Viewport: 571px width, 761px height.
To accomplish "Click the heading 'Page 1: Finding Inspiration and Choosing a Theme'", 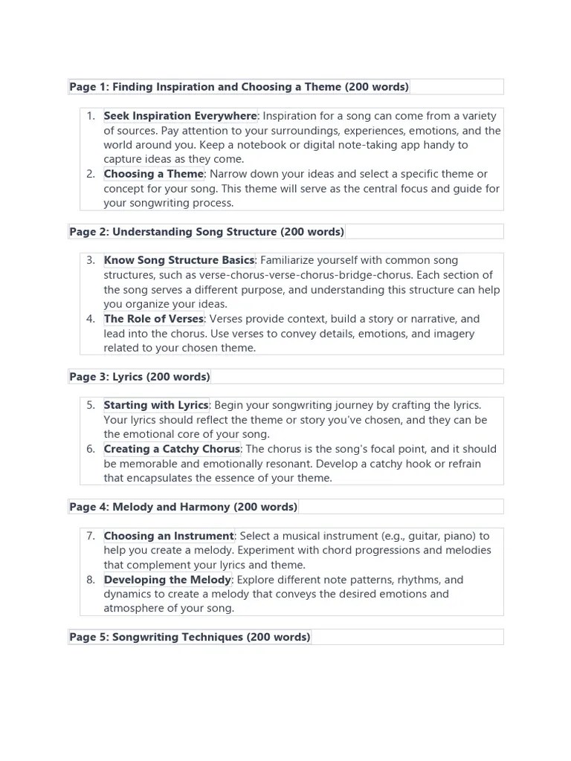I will [x=239, y=87].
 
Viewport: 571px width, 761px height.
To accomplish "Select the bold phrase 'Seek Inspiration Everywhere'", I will [x=180, y=116].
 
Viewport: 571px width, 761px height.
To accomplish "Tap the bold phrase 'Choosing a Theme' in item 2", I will [x=153, y=174].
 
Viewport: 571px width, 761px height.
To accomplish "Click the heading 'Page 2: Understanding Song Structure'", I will [x=207, y=232].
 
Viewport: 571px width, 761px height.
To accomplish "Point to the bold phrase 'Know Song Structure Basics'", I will [x=179, y=261].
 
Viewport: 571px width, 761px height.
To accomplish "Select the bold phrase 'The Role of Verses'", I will [x=153, y=319].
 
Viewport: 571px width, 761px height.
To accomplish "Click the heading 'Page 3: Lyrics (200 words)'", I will [x=140, y=377].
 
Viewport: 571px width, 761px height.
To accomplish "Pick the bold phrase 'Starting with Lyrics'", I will [x=156, y=406].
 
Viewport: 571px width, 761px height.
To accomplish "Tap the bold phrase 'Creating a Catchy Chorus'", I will [x=172, y=450].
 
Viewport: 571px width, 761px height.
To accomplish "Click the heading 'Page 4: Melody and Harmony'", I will [x=183, y=508].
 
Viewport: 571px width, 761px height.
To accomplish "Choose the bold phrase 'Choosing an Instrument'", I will [x=169, y=537].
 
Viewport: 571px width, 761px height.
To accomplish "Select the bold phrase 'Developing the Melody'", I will [x=167, y=580].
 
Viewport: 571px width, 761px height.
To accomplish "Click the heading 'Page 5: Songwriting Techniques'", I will [x=190, y=638].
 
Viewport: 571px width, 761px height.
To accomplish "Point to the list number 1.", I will [x=91, y=116].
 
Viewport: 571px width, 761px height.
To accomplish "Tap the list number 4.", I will [x=91, y=319].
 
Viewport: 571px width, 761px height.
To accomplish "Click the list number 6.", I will [x=91, y=450].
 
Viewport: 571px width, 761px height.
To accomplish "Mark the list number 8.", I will [x=91, y=580].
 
